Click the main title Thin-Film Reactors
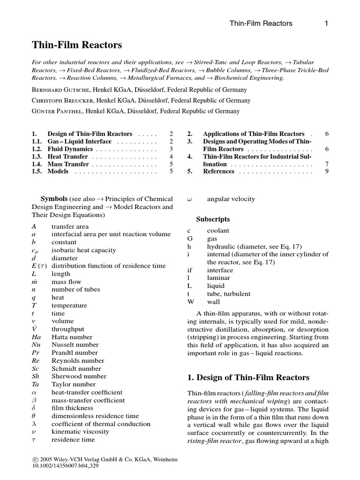click(77, 45)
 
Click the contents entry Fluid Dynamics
click(70, 149)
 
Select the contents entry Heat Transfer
click(67, 157)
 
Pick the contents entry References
click(218, 172)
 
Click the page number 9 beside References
click(327, 172)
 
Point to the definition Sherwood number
click(75, 376)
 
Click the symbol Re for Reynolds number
click(36, 361)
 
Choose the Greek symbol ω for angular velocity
click(189, 199)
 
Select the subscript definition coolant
click(218, 231)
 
